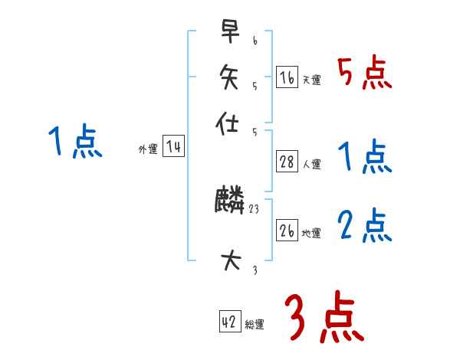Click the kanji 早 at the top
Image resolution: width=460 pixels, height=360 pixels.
click(x=229, y=33)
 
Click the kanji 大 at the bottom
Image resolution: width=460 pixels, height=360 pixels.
click(x=229, y=261)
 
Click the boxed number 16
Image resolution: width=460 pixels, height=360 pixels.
click(x=287, y=77)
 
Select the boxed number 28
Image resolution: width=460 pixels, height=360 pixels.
click(x=287, y=162)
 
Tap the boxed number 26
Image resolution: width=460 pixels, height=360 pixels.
click(x=287, y=231)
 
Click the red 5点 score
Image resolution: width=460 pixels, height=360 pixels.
click(x=363, y=74)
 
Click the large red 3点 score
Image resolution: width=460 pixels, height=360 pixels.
click(x=323, y=319)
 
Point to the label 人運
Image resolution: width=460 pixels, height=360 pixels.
click(x=312, y=164)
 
